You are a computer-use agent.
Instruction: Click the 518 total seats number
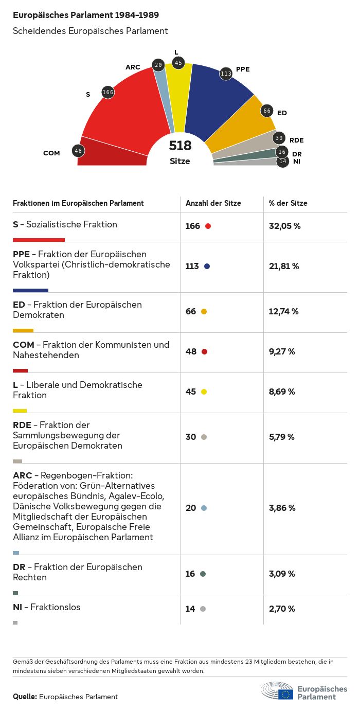coord(180,146)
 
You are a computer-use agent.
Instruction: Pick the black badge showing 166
coord(108,92)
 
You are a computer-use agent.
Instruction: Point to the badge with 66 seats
coord(267,111)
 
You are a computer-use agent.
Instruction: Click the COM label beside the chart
coord(51,153)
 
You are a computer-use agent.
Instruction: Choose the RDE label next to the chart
coord(297,140)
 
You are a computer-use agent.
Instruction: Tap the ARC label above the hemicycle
coord(133,67)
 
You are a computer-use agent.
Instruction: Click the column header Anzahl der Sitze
coord(213,203)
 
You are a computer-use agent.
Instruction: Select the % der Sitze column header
coord(288,203)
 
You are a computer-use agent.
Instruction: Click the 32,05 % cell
coord(284,226)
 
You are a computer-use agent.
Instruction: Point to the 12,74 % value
coord(283,311)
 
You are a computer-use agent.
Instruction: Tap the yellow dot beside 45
coord(204,392)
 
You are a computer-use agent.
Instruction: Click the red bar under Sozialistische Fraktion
coord(39,240)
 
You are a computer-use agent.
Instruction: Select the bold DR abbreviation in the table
coord(19,567)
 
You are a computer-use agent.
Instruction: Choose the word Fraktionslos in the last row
coord(56,607)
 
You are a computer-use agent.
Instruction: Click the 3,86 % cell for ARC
coord(282,508)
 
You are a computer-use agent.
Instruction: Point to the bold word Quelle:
coord(25,697)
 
